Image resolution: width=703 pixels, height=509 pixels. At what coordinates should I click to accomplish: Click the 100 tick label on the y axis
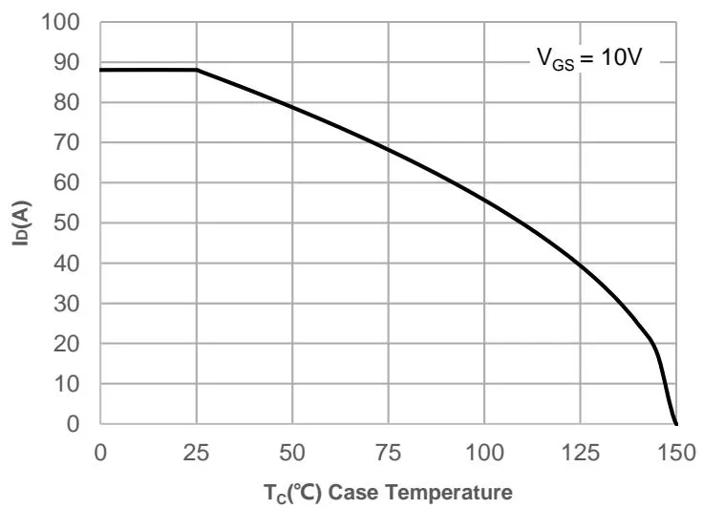tap(63, 22)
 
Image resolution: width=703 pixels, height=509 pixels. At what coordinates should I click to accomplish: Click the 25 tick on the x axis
tap(196, 450)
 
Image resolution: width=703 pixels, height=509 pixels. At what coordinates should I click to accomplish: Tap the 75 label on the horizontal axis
tap(388, 450)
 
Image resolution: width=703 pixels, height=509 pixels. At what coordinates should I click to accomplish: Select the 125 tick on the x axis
tap(580, 450)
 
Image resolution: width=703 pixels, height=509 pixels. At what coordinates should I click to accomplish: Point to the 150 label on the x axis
tap(675, 450)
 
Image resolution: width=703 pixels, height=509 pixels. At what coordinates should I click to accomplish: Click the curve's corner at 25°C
tap(197, 70)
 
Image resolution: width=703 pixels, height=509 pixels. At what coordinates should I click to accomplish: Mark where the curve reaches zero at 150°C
tap(676, 424)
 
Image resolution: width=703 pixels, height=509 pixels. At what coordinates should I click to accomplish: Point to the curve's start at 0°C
tap(101, 70)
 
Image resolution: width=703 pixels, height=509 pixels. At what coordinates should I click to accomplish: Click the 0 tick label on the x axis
tap(100, 450)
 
